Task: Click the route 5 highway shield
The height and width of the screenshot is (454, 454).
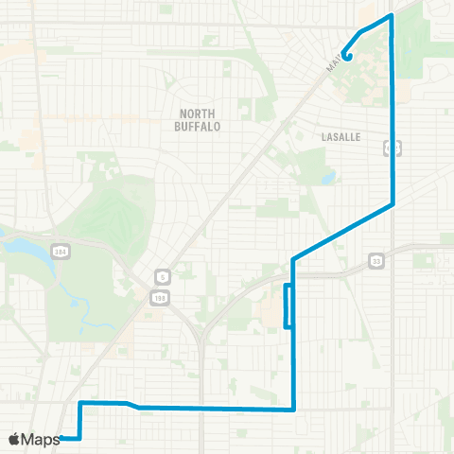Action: click(x=160, y=277)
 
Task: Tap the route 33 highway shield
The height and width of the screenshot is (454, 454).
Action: click(x=376, y=260)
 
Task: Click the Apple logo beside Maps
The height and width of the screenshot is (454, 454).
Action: click(x=14, y=439)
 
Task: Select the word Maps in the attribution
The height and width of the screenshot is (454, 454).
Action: click(x=40, y=439)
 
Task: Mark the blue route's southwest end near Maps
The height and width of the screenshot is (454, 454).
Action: click(x=62, y=438)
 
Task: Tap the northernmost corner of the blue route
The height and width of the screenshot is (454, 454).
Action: click(x=390, y=16)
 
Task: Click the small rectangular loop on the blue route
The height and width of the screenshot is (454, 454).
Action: click(x=288, y=306)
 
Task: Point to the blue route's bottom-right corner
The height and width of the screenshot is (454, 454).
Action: click(x=294, y=410)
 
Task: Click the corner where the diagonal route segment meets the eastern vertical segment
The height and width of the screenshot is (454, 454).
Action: click(x=392, y=203)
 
